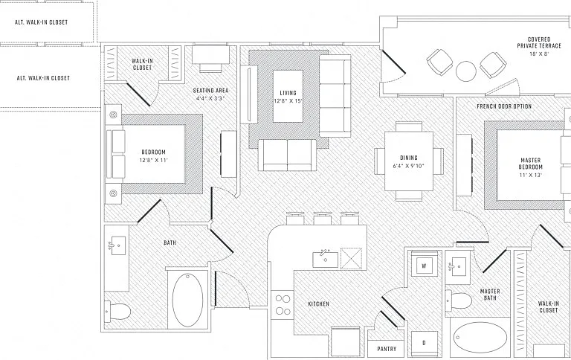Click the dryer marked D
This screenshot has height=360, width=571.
pos(425,344)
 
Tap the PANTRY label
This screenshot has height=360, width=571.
pos(387,349)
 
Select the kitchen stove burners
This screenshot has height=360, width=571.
pos(283,305)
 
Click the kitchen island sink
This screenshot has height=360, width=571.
pos(326,258)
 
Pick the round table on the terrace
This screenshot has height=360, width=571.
pos(466,71)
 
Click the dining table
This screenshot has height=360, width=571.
pos(409,161)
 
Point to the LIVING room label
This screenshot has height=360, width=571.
pos(288,93)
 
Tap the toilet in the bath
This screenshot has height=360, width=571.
pos(117,311)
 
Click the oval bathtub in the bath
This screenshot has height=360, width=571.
pos(187,300)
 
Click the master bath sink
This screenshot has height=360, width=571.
pos(457,266)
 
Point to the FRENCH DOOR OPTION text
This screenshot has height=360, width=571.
pos(504,106)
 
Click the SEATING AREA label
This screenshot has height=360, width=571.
pos(211,90)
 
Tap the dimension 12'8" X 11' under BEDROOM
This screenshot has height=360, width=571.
pos(154,160)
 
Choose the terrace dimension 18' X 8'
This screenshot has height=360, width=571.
pos(539,54)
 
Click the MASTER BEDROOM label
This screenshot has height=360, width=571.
pos(531,164)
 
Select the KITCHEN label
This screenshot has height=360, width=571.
pos(319,304)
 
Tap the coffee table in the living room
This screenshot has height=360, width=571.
pos(288,96)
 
